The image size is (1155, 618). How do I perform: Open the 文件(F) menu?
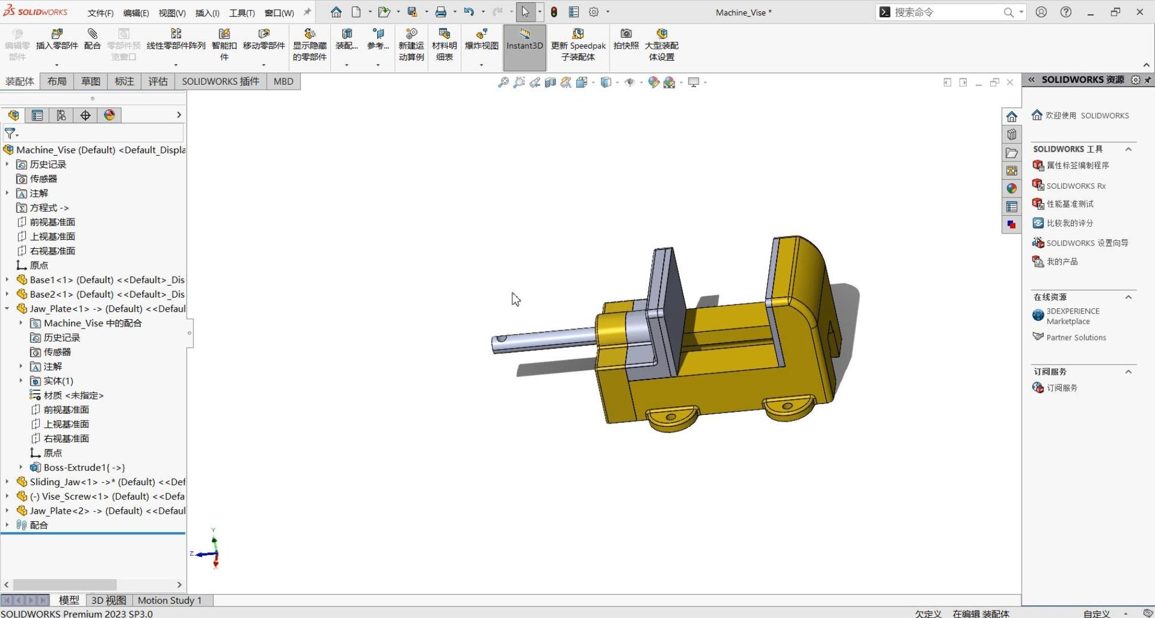click(100, 13)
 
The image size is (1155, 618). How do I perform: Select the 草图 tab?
click(90, 81)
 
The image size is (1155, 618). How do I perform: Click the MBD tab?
click(283, 81)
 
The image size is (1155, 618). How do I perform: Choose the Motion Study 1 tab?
click(169, 600)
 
